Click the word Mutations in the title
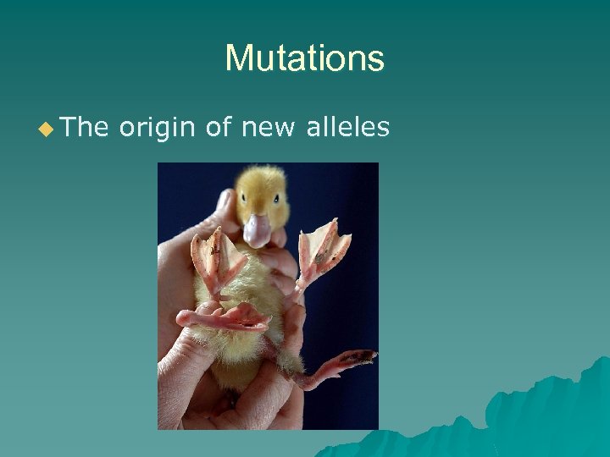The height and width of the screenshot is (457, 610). (304, 58)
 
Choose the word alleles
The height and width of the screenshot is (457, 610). (347, 128)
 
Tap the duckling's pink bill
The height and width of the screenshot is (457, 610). (257, 229)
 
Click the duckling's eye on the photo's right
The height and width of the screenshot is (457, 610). (277, 200)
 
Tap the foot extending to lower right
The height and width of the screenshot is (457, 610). (335, 364)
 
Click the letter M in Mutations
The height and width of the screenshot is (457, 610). (238, 58)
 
